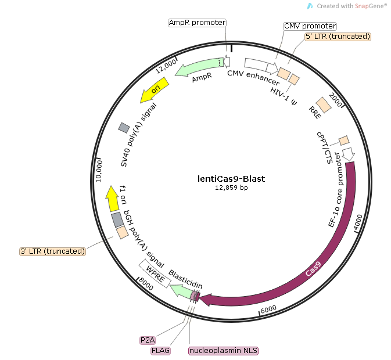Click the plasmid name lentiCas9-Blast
[224, 179]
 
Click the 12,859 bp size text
[224, 188]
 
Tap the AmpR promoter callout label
[197, 23]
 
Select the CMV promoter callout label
[310, 26]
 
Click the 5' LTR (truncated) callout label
[338, 37]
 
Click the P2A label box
[148, 340]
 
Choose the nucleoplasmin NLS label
[224, 351]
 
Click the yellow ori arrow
[156, 89]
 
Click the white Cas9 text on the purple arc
[313, 271]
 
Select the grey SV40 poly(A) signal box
[124, 127]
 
